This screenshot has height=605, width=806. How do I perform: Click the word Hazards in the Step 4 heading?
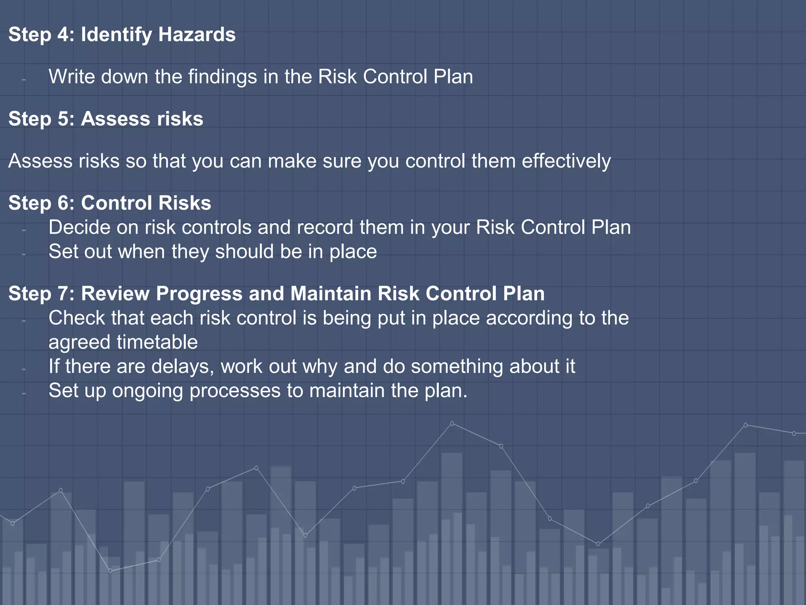pos(197,35)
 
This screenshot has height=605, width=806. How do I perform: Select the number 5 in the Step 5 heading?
pos(63,119)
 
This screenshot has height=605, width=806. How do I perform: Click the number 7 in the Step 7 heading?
pos(63,294)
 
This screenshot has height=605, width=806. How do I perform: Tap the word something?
pos(457,367)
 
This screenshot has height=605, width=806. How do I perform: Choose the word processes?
pos(235,392)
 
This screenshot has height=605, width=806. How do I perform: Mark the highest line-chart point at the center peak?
pos(452,423)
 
